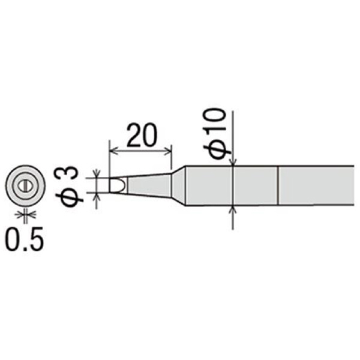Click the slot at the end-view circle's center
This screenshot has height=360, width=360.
point(25,185)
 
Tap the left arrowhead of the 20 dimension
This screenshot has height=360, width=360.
point(112,150)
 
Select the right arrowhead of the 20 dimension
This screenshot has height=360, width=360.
point(169,150)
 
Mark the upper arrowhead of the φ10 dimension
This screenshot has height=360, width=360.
point(233,163)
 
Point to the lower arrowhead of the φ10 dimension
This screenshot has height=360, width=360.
point(233,211)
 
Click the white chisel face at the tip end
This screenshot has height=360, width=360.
point(116,185)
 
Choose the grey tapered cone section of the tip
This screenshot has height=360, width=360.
point(147,185)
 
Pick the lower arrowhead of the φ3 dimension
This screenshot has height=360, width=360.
point(96,196)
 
